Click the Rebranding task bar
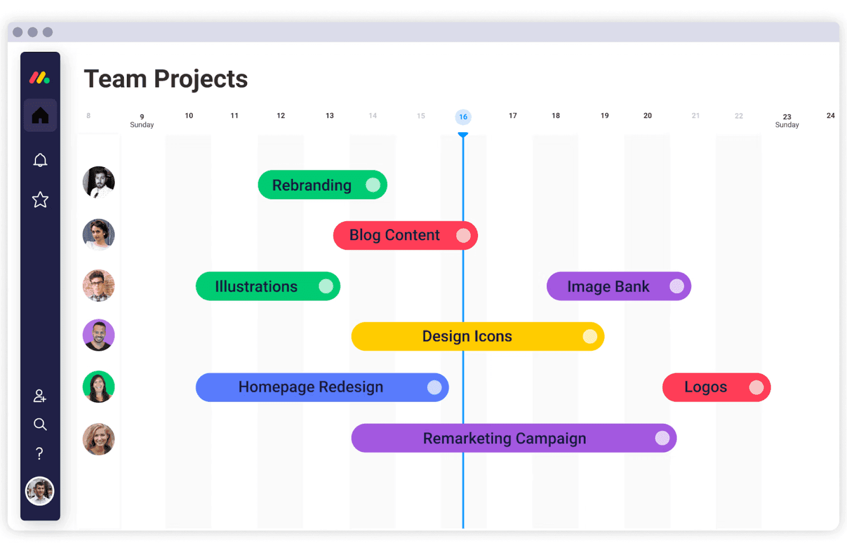(x=312, y=185)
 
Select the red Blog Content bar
(x=394, y=235)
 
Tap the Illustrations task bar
(x=257, y=286)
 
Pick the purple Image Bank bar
(x=608, y=286)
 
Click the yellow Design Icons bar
(x=467, y=337)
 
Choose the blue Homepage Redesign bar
(x=311, y=387)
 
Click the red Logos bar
(x=706, y=387)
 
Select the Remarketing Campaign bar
(x=504, y=438)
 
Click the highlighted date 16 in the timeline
(x=463, y=117)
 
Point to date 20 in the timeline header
(x=647, y=116)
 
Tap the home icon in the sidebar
(x=40, y=115)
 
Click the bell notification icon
(x=40, y=160)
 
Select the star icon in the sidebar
(x=40, y=200)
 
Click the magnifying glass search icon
(x=40, y=424)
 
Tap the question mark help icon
(x=40, y=454)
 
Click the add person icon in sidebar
(x=40, y=396)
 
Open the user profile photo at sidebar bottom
(x=40, y=491)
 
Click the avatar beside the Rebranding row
(x=98, y=183)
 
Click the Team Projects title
(x=166, y=79)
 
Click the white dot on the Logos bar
(x=756, y=387)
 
